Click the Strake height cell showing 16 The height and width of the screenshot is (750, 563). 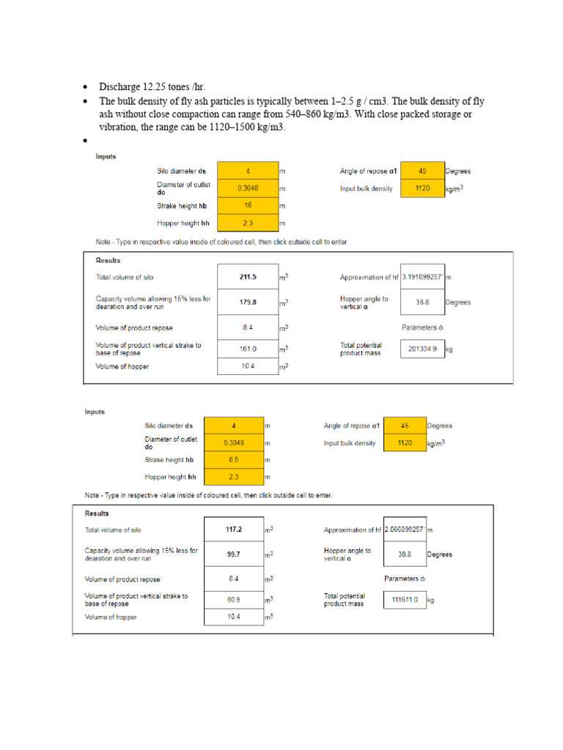click(248, 205)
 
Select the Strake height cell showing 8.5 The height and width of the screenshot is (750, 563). click(233, 459)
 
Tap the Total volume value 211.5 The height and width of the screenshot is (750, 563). click(248, 277)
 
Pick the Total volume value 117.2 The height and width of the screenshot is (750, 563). click(233, 529)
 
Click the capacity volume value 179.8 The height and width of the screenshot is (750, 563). click(248, 302)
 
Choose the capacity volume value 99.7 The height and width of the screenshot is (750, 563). click(233, 554)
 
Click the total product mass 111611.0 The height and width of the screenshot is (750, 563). click(405, 600)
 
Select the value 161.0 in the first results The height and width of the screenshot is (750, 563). click(248, 349)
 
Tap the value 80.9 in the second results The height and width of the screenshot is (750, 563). click(233, 600)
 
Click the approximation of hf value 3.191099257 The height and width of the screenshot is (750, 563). click(423, 278)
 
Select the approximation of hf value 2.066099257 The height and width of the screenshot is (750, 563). click(405, 530)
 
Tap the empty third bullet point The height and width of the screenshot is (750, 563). click(85, 141)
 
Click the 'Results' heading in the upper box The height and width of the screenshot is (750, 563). click(108, 260)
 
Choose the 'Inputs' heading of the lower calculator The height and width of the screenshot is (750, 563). click(95, 412)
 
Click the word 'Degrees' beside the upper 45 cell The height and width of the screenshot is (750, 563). click(458, 171)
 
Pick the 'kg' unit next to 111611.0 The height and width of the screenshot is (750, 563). click(431, 601)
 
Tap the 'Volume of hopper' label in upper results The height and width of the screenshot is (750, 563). click(122, 366)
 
